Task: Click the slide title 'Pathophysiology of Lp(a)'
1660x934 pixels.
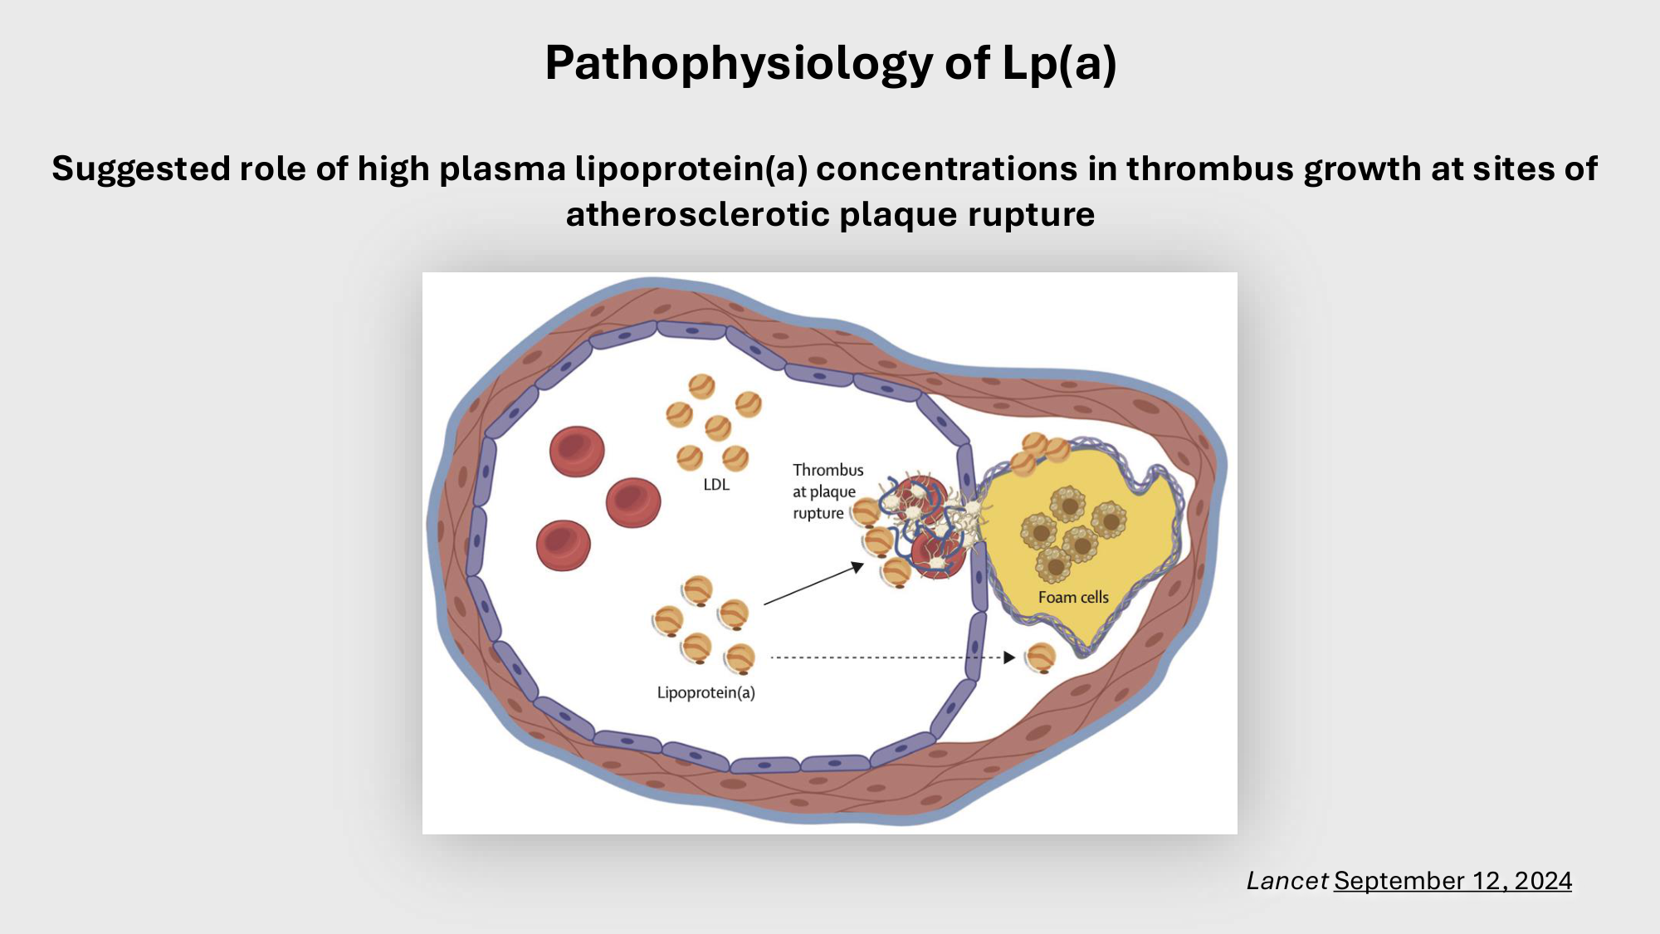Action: click(830, 63)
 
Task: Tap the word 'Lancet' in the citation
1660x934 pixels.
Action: click(1286, 881)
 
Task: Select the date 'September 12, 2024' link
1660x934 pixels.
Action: click(1452, 881)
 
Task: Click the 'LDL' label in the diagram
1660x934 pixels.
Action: click(716, 485)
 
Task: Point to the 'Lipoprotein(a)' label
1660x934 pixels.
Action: click(706, 692)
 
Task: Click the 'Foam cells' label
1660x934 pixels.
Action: click(1073, 597)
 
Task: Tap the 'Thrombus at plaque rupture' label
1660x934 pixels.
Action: click(827, 491)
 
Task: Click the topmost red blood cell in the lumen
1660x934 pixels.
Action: click(577, 452)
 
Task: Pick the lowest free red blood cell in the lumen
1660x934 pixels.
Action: click(563, 545)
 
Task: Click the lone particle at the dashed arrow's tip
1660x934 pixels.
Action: click(1040, 658)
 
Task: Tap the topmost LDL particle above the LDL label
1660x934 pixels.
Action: click(701, 386)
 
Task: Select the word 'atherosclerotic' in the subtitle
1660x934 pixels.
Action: click(698, 214)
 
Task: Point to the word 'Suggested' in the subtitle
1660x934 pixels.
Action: click(140, 169)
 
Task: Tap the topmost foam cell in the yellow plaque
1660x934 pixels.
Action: click(1067, 503)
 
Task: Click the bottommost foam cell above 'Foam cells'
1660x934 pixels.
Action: click(1054, 565)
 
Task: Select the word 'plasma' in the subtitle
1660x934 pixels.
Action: click(503, 169)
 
